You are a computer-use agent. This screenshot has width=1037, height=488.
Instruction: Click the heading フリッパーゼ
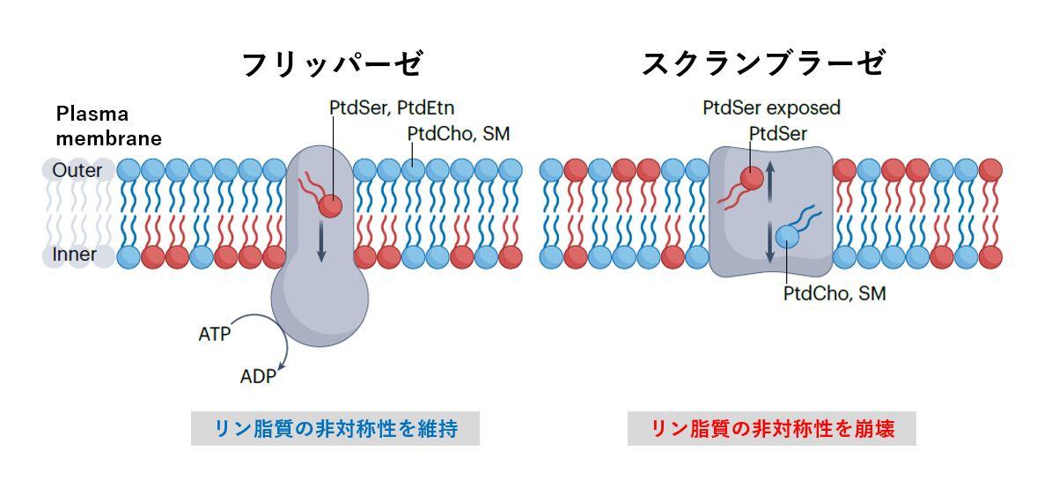point(332,64)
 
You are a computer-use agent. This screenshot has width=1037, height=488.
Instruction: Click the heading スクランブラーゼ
point(762,64)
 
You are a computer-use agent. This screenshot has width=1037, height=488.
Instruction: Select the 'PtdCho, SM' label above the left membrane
point(459,133)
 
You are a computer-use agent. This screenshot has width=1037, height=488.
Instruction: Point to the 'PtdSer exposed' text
point(771,107)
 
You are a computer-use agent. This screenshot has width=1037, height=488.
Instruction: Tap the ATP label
point(215,335)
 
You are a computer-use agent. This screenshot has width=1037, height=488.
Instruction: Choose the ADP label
point(258,377)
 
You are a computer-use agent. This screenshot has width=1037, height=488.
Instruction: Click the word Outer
point(77,170)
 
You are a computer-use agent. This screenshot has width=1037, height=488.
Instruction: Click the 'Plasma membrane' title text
point(108,126)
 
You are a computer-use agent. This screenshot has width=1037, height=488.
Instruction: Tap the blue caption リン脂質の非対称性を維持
point(335,429)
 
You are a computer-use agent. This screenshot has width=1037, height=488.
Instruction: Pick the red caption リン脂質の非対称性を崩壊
point(772,429)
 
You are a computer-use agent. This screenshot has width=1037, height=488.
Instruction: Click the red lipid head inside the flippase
point(331,206)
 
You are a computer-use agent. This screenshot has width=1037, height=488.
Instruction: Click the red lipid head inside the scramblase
point(751,179)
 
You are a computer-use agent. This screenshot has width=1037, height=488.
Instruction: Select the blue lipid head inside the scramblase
point(788,236)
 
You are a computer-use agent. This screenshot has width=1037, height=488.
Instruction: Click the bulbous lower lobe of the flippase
point(320,304)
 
